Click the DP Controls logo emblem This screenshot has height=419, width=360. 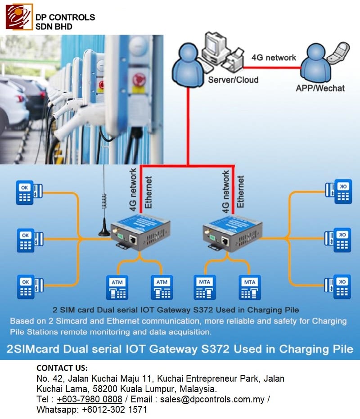click(19, 17)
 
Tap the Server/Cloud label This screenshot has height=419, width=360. click(233, 80)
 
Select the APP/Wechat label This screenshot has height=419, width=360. click(320, 88)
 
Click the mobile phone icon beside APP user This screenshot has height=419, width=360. click(338, 52)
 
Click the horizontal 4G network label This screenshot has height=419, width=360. click(274, 58)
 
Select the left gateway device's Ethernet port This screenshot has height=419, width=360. click(133, 239)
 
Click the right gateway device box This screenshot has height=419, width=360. click(232, 234)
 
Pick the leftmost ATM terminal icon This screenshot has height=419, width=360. click(117, 288)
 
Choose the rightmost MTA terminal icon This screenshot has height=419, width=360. click(250, 288)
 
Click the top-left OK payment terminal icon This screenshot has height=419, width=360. click(29, 193)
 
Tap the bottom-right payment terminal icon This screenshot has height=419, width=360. click(338, 286)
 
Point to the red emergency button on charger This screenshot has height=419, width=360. click(139, 79)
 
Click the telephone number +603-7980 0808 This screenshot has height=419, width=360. click(90, 399)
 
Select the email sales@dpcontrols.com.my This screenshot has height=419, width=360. click(212, 399)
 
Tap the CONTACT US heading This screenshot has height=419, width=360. click(62, 368)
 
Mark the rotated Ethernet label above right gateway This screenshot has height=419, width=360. click(240, 191)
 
